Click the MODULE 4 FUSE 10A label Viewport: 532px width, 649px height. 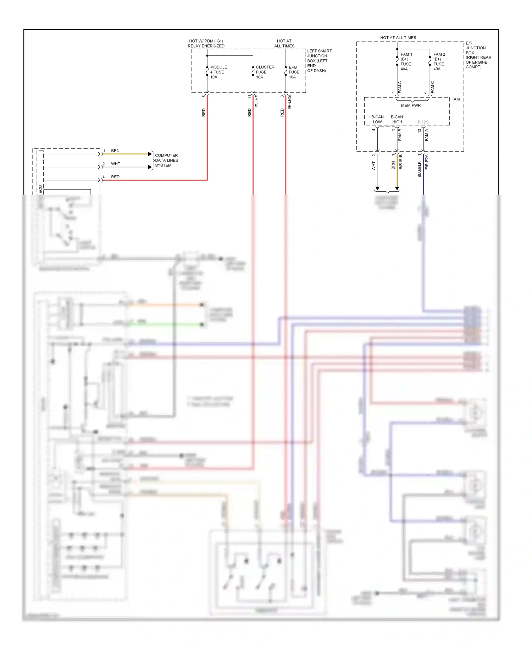(x=218, y=72)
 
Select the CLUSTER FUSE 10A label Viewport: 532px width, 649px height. (x=265, y=72)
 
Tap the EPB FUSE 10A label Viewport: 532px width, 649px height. (x=294, y=72)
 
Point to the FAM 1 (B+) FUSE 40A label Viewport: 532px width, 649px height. (x=406, y=62)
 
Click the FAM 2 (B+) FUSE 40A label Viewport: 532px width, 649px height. (x=439, y=62)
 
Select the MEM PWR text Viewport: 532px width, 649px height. (x=411, y=105)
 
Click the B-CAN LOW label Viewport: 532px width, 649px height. (x=377, y=119)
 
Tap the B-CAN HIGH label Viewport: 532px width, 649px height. (x=397, y=119)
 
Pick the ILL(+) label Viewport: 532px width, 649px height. (x=423, y=122)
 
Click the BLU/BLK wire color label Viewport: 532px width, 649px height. (x=420, y=169)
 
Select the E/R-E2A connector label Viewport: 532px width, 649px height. (x=427, y=162)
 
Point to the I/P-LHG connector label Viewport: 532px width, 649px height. (x=289, y=102)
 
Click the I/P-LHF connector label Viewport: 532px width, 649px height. (x=257, y=102)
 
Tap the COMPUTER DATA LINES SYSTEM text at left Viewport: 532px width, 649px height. (x=166, y=160)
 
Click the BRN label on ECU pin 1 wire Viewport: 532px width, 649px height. (x=115, y=151)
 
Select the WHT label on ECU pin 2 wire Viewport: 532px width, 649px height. (x=116, y=164)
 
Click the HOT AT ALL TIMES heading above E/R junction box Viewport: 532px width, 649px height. (x=398, y=38)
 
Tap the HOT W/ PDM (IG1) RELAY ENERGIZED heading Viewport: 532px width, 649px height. (x=206, y=44)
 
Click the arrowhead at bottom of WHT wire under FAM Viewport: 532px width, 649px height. (x=377, y=189)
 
